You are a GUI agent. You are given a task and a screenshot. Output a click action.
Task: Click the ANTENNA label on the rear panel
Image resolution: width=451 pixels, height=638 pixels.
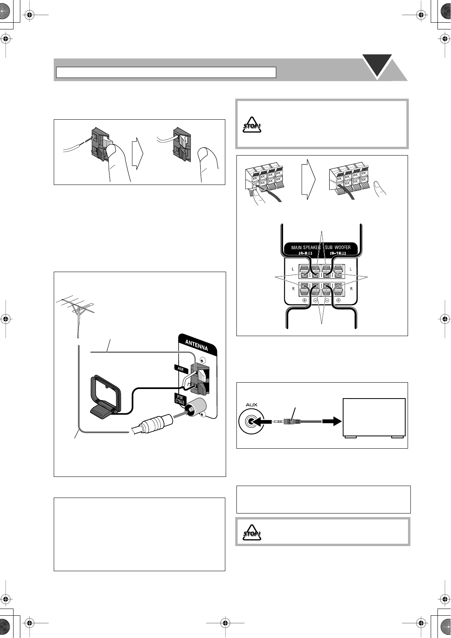point(196,344)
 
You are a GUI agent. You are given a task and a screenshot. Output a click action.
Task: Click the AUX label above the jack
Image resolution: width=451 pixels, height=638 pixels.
point(251,405)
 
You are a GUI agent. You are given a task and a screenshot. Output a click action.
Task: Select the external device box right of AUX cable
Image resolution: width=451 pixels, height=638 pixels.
point(374,418)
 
